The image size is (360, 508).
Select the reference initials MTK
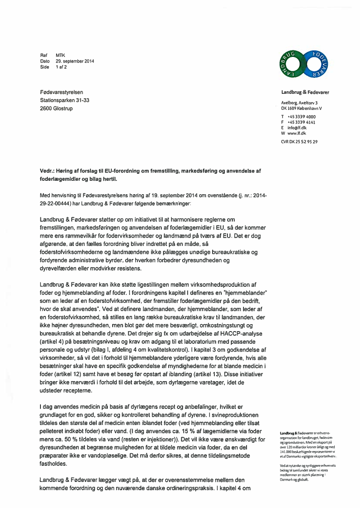pyautogui.click(x=60, y=56)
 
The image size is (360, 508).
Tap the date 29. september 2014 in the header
pyautogui.click(x=75, y=61)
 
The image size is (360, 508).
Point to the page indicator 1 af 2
pyautogui.click(x=61, y=67)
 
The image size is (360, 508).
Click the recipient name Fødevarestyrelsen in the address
pyautogui.click(x=61, y=92)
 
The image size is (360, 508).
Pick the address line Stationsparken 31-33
pyautogui.click(x=64, y=100)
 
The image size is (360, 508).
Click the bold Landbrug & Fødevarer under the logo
pyautogui.click(x=305, y=93)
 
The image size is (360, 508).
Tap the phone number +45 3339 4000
pyautogui.click(x=301, y=117)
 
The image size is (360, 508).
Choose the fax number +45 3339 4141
pyautogui.click(x=301, y=123)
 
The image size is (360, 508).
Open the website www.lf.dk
pyautogui.click(x=297, y=133)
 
